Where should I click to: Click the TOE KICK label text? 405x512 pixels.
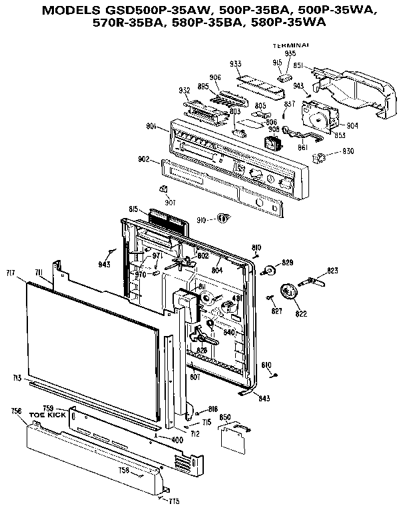click(x=43, y=415)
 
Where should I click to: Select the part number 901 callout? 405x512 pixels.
click(x=151, y=127)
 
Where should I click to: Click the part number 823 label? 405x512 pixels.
click(x=332, y=271)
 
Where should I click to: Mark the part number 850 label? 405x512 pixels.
click(x=225, y=417)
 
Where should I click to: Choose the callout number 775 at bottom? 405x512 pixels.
click(x=174, y=501)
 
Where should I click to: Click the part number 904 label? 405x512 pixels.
click(x=352, y=124)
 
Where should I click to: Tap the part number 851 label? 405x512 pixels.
click(x=300, y=65)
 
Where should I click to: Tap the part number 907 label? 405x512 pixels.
click(x=171, y=202)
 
